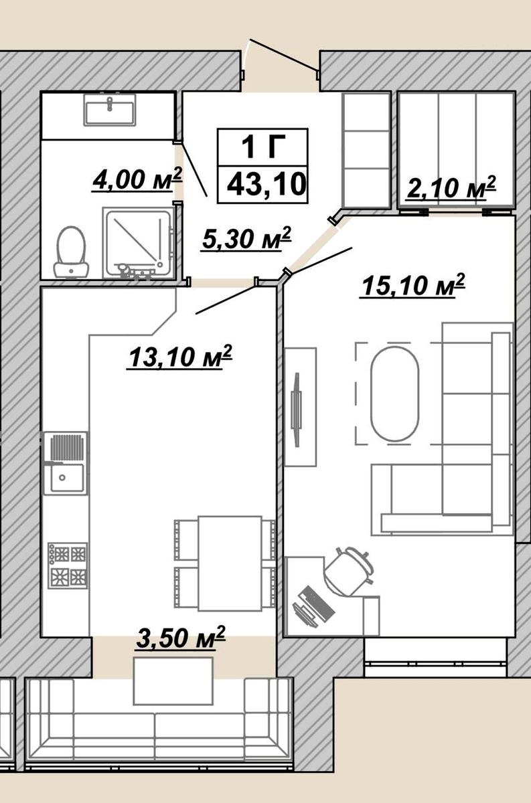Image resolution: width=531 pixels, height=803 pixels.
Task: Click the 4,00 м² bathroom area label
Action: [x=138, y=179]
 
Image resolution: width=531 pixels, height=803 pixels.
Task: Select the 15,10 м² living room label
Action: [x=413, y=284]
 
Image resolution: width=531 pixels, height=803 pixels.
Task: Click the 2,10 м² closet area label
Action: [x=451, y=187]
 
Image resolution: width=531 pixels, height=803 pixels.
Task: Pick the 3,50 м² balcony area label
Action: [x=181, y=637]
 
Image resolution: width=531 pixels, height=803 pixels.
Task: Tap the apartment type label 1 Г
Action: [x=263, y=147]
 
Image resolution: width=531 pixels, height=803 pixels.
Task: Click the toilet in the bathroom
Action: [x=72, y=252]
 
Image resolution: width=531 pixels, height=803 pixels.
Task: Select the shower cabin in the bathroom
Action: [x=138, y=242]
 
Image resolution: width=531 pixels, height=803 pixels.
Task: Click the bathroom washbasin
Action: [x=110, y=109]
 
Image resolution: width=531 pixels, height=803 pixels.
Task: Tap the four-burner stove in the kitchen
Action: [x=68, y=565]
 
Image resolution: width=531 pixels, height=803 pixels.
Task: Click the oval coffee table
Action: [x=394, y=393]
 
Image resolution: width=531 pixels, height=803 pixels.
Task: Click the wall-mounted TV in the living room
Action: [x=297, y=410]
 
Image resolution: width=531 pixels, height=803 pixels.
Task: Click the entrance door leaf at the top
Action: [x=283, y=54]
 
